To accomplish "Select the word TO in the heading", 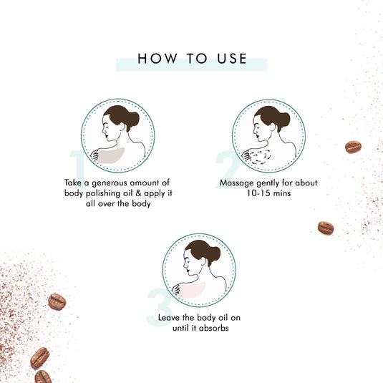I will pyautogui.click(x=193, y=59).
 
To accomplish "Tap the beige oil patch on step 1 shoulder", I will pyautogui.click(x=112, y=153).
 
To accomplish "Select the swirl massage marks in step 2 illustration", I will pyautogui.click(x=261, y=154).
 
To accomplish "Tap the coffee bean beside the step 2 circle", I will pyautogui.click(x=353, y=147).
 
